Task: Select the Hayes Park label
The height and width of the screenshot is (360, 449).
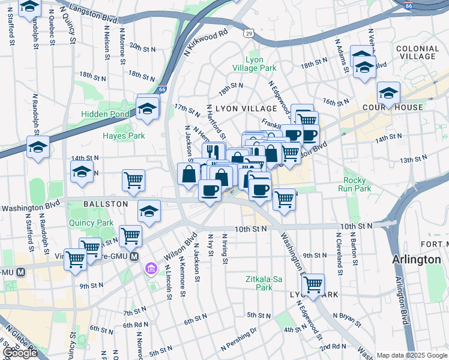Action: coord(124,136)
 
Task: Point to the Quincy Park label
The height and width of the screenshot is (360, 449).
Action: coord(97,223)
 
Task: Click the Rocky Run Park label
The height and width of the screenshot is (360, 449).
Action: coord(358,184)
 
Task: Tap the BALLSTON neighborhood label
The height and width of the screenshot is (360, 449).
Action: coord(106,204)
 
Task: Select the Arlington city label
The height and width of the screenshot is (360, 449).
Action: coord(416,260)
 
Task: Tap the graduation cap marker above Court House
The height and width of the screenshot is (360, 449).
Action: coord(388,93)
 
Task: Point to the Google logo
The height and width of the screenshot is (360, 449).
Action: coord(20,353)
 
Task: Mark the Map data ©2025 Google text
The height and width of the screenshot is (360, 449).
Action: coord(411,355)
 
